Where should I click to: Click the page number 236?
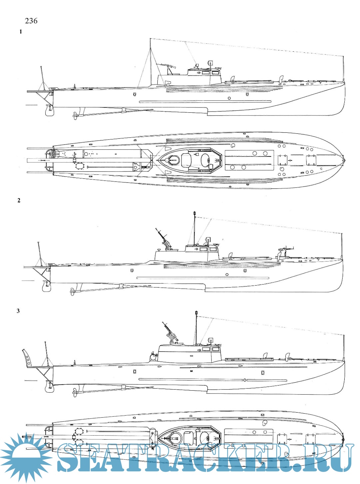click(31, 21)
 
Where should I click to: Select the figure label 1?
click(21, 32)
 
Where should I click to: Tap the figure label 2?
click(19, 200)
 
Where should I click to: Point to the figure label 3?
click(18, 311)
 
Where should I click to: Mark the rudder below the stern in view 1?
click(49, 110)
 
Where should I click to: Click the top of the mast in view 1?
click(151, 39)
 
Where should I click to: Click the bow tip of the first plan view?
click(344, 160)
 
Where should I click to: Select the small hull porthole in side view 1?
click(229, 98)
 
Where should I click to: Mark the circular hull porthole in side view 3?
click(245, 380)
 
